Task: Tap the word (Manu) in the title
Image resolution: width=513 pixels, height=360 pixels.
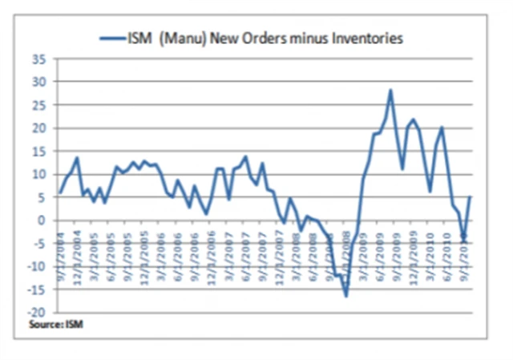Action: click(x=181, y=37)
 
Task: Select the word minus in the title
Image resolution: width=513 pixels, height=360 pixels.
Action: click(x=298, y=37)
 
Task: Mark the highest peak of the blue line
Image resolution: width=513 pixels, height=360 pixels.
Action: click(x=390, y=90)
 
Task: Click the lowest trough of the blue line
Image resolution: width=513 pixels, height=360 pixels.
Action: click(x=346, y=297)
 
